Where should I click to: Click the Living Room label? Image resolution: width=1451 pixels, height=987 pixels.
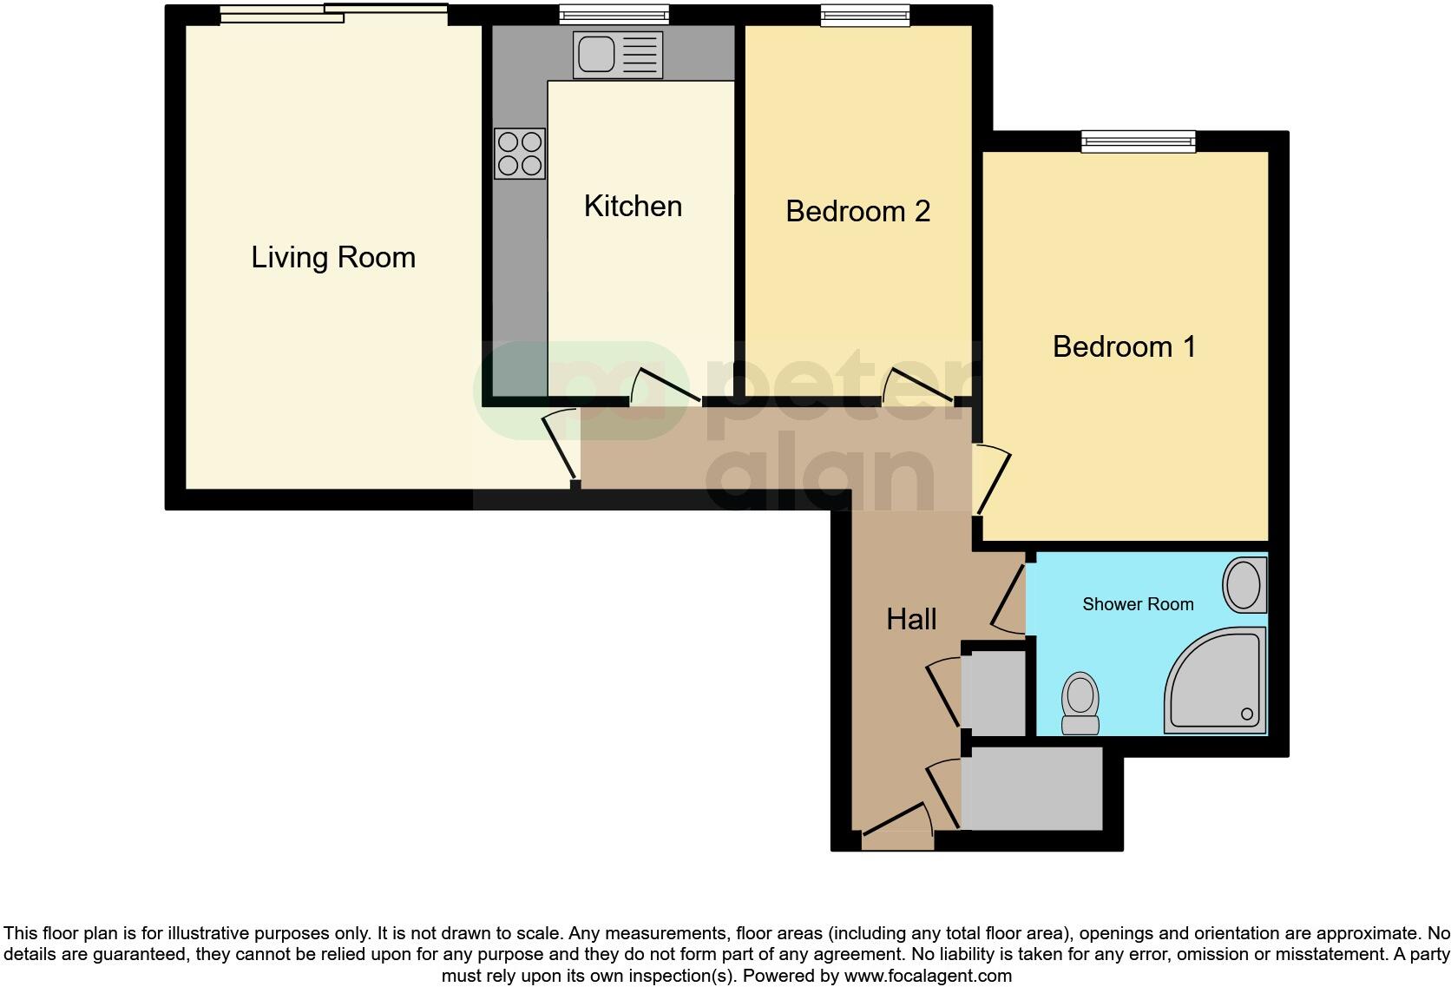333,258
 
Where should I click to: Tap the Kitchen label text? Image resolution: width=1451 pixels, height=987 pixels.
633,207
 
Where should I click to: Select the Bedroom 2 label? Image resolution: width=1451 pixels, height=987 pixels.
857,211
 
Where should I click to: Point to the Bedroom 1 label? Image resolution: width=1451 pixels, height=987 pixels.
1124,346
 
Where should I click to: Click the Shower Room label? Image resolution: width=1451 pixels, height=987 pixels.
1138,604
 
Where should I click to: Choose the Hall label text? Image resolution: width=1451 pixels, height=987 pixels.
911,619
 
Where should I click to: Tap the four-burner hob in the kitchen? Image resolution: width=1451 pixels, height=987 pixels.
520,154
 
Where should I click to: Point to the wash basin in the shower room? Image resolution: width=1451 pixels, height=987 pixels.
1244,584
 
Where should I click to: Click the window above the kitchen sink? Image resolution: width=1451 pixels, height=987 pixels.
614,14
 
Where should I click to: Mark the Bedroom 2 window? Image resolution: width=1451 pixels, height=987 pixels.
865,14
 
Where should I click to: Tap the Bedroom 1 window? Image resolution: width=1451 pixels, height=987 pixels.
1138,141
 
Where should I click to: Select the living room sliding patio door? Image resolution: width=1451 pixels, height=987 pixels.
333,14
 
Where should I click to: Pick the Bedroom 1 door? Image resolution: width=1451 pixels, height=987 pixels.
991,480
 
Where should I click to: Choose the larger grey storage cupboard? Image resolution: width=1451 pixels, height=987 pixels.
1033,788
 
